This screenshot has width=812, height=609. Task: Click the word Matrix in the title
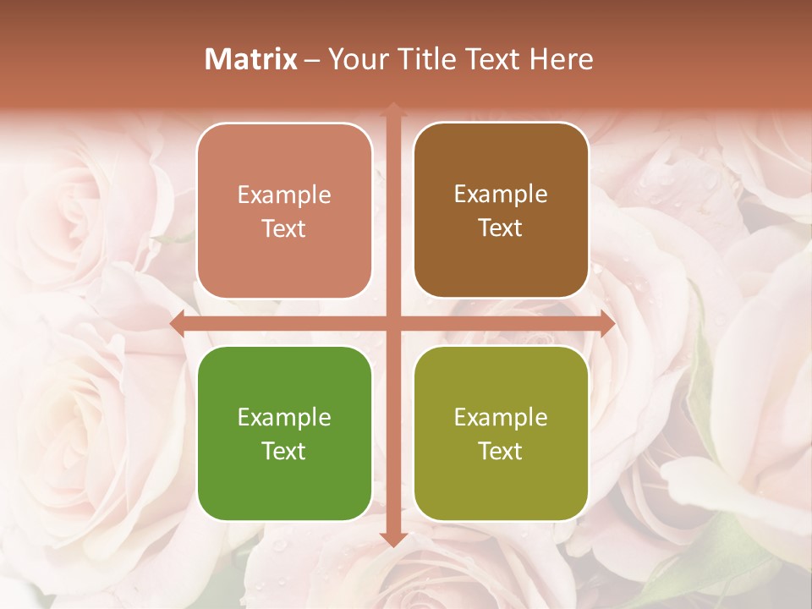pos(251,59)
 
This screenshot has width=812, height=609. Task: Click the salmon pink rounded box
pos(284,211)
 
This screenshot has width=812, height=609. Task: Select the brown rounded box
pos(501,211)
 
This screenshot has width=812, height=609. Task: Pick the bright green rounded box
pos(284,433)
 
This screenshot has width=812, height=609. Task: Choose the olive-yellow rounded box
pos(501,433)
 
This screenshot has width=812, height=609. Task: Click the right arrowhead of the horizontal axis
pos(606,324)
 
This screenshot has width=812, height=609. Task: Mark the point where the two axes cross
pos(392,324)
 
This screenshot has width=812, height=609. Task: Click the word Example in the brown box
pos(501,194)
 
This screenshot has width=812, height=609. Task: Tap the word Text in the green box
pos(284,451)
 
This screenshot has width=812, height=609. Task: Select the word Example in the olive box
pos(501,417)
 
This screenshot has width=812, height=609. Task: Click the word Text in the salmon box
pos(284,228)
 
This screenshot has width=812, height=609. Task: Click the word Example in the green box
pos(284,417)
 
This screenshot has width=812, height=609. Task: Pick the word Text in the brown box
pos(501,228)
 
